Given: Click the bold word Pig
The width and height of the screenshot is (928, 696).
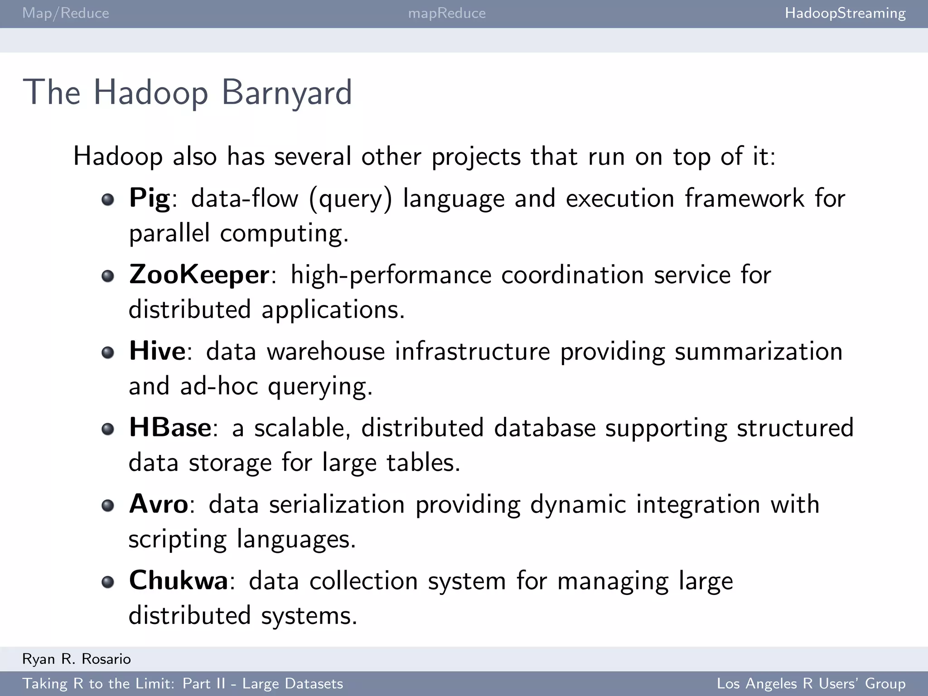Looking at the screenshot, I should [150, 198].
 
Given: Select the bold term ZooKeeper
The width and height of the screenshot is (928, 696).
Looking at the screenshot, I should [199, 275].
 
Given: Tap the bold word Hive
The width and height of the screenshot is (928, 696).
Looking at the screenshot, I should [157, 351].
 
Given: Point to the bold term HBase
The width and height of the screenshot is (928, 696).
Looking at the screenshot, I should [170, 427].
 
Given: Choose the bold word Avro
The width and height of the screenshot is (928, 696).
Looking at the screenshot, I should [159, 504].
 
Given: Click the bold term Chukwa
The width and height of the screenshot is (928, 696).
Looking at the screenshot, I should [179, 580].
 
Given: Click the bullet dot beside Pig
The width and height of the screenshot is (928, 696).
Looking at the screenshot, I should [108, 199].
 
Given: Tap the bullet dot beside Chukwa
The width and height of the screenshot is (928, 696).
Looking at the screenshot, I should [108, 582].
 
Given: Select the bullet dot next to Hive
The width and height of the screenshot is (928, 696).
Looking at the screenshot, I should [108, 352].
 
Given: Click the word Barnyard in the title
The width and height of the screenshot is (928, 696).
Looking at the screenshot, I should [286, 92].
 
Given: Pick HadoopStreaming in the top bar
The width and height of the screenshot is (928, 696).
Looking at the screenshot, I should [845, 13].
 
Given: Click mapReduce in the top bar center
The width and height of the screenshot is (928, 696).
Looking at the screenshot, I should [447, 13].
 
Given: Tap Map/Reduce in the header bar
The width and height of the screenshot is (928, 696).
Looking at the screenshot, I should [66, 13].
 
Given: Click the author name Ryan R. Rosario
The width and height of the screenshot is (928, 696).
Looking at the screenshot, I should [77, 659].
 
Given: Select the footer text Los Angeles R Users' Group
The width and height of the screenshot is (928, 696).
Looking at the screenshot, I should [811, 683].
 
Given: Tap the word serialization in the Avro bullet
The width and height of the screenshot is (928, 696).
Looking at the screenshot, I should [337, 504].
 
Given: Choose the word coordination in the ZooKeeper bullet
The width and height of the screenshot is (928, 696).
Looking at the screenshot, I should [572, 275].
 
